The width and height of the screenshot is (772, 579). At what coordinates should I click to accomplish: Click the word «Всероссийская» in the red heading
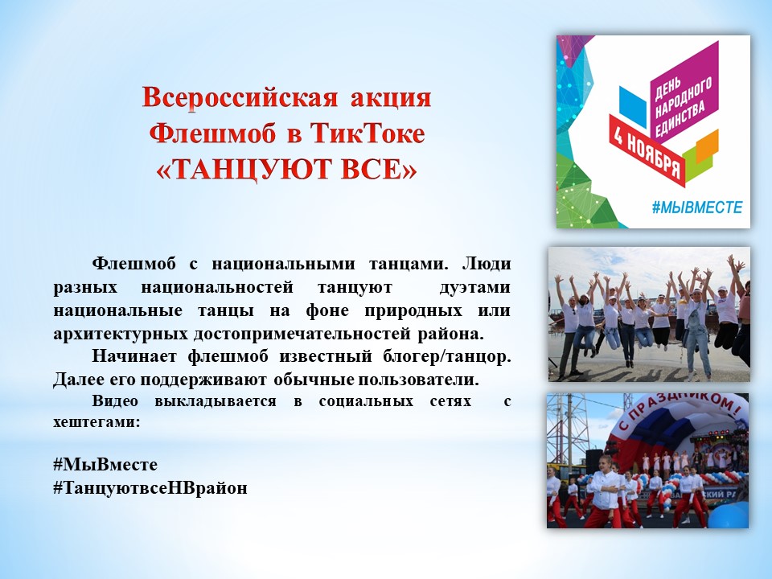[x=240, y=98]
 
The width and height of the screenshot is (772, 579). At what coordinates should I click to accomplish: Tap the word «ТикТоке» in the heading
[x=368, y=133]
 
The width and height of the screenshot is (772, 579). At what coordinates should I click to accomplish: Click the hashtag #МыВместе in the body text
[x=105, y=464]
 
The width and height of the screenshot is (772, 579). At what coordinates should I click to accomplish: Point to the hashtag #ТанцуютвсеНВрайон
[x=150, y=488]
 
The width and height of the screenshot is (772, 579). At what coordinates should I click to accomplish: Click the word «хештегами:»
[x=96, y=422]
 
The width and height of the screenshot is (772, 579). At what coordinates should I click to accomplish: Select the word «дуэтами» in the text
[x=474, y=287]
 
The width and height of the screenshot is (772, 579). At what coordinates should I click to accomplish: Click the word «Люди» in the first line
[x=487, y=265]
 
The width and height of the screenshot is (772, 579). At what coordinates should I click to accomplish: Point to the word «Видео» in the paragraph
[x=115, y=400]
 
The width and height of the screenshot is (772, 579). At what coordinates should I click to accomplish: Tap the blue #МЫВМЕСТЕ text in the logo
[x=697, y=207]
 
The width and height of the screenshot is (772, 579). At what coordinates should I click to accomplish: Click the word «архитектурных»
[x=121, y=334]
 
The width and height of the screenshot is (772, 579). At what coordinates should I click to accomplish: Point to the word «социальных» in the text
[x=366, y=400]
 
